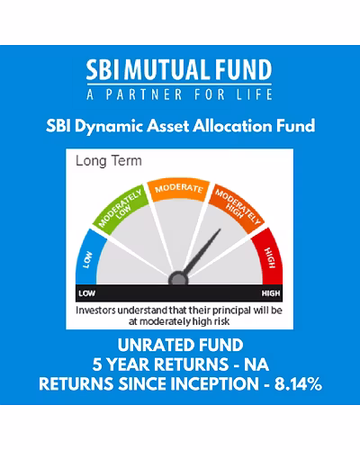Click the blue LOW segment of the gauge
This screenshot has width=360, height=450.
87,258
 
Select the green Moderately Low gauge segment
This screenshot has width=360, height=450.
121,208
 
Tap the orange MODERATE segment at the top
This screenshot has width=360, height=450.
179,190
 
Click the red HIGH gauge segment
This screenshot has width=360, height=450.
269,258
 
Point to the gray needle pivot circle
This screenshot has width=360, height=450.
178,279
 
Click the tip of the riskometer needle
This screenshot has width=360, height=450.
220,229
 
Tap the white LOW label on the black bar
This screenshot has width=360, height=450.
87,293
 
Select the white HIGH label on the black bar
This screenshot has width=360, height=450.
271,293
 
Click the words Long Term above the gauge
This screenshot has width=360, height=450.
109,161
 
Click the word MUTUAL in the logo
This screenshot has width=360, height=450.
166,69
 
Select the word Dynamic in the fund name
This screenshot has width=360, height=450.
109,126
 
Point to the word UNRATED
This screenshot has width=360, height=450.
152,345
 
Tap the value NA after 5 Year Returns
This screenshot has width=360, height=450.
256,364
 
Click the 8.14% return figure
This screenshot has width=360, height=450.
298,384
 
